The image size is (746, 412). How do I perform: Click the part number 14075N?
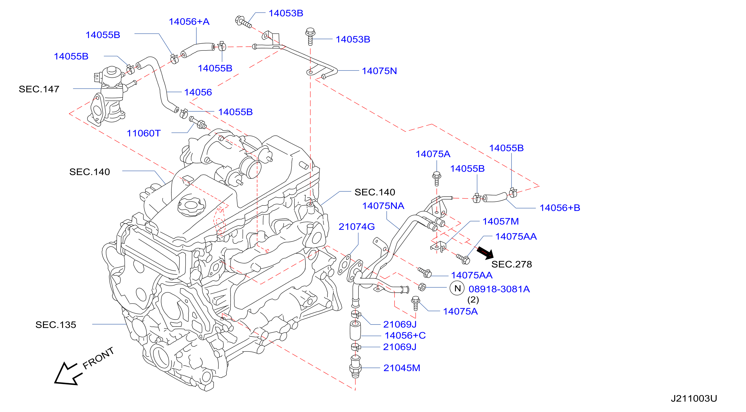coord(379,71)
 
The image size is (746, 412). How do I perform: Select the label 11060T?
coord(143,133)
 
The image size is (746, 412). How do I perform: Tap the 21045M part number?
coord(402,368)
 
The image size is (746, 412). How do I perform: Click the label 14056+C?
coord(405,335)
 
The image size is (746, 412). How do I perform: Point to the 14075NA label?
coord(383,206)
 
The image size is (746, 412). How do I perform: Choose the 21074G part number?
coord(356,227)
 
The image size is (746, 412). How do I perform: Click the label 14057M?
coord(500,221)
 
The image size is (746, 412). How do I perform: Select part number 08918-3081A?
coord(499,289)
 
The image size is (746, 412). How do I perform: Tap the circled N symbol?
coord(457,288)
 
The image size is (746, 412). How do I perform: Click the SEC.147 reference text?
coord(39,89)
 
